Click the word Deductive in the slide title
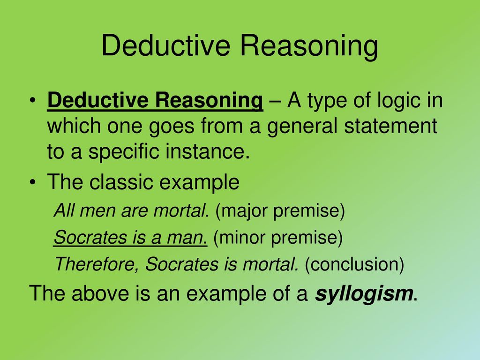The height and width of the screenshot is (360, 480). point(165,45)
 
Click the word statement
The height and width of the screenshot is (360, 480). point(390,126)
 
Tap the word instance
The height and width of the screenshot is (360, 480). point(208,151)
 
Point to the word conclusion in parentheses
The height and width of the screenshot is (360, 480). point(354,264)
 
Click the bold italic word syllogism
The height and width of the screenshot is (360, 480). point(364,293)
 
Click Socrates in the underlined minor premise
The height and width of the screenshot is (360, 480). point(90,238)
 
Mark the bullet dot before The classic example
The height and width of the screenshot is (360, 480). point(33,182)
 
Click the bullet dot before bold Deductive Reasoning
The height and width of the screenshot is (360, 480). point(33,101)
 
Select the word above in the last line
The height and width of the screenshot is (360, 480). point(100,293)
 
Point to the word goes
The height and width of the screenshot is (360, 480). point(172,127)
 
